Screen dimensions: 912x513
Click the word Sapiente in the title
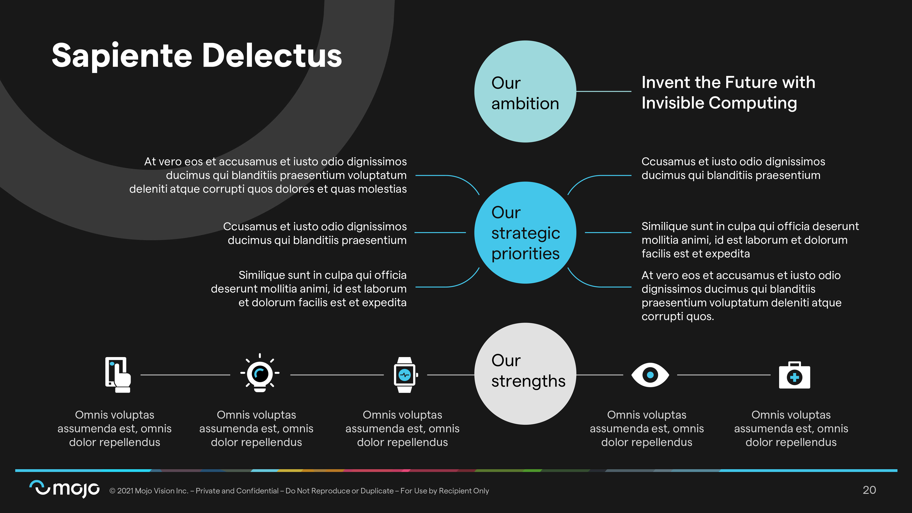pyautogui.click(x=122, y=56)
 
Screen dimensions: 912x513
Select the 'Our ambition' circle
pyautogui.click(x=525, y=92)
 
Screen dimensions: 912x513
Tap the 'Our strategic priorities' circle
pyautogui.click(x=525, y=233)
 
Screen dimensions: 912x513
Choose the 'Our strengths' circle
pyautogui.click(x=525, y=374)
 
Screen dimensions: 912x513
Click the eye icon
pyautogui.click(x=650, y=375)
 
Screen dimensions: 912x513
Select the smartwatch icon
pyautogui.click(x=405, y=375)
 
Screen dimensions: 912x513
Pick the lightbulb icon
pyautogui.click(x=260, y=374)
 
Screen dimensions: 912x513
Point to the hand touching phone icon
pyautogui.click(x=118, y=375)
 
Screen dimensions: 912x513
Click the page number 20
pyautogui.click(x=869, y=490)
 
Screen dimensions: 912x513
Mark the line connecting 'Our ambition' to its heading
pyautogui.click(x=604, y=91)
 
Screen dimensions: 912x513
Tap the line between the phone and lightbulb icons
pyautogui.click(x=185, y=375)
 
